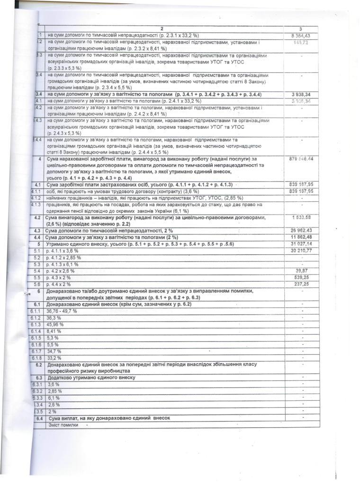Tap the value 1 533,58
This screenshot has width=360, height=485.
[x=301, y=217]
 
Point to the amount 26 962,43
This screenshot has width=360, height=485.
[x=301, y=230]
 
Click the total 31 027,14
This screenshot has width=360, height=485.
[x=301, y=243]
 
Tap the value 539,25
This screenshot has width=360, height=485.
[x=301, y=277]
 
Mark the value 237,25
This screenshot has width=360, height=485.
[x=301, y=284]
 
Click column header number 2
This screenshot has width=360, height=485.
[x=161, y=29]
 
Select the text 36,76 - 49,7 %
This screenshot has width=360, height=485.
[x=64, y=312]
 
